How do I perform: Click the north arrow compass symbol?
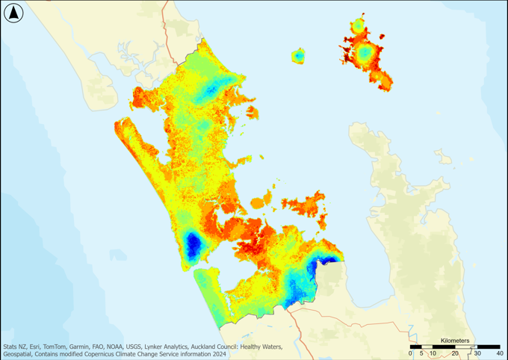point(14,13)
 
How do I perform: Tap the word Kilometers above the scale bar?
point(455,341)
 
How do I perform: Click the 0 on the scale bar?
point(411,353)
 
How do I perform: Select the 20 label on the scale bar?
point(454,353)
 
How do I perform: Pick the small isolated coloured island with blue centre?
point(298,56)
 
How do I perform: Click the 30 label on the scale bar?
point(476,353)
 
